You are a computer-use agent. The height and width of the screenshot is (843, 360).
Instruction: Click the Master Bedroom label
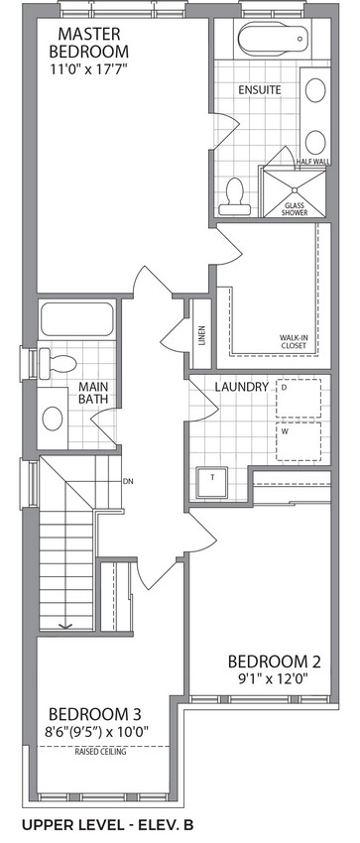(x=88, y=43)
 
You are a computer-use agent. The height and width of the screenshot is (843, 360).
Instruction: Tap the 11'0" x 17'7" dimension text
(x=89, y=68)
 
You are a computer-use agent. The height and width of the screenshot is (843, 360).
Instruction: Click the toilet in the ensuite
(x=234, y=196)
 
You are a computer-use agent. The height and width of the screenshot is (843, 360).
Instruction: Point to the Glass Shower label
(x=297, y=209)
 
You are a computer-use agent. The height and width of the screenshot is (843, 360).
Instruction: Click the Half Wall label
(x=313, y=162)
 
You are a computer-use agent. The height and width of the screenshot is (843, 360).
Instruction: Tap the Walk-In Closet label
(x=293, y=341)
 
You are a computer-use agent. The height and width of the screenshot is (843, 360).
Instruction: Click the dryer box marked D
(x=299, y=399)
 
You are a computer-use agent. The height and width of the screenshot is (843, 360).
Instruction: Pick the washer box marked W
(x=299, y=441)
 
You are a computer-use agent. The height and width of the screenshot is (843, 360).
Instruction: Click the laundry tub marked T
(x=211, y=482)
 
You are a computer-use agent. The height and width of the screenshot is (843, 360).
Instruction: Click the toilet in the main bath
(x=58, y=363)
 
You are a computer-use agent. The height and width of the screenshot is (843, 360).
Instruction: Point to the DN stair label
(x=127, y=481)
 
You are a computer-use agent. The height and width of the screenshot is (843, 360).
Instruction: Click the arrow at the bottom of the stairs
(x=66, y=625)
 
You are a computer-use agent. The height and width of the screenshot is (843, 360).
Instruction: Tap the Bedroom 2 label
(x=274, y=661)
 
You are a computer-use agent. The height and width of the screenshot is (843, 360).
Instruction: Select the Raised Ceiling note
(x=100, y=752)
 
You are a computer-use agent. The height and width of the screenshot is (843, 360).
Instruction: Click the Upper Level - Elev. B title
(x=107, y=825)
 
